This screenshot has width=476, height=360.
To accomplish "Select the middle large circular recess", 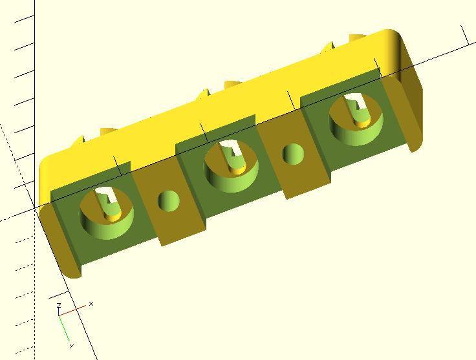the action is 232,166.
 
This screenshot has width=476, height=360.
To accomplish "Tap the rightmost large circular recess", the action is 356,119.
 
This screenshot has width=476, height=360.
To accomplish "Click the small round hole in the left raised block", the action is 169,201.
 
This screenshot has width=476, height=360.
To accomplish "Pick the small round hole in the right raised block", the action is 293,154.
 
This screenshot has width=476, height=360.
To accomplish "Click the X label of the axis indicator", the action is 91,304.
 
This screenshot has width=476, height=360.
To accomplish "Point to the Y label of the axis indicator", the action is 72,346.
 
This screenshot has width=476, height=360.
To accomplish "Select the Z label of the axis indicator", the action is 59,305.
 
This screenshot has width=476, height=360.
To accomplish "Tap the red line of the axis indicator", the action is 72,311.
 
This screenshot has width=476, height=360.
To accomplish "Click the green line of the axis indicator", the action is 64,328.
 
